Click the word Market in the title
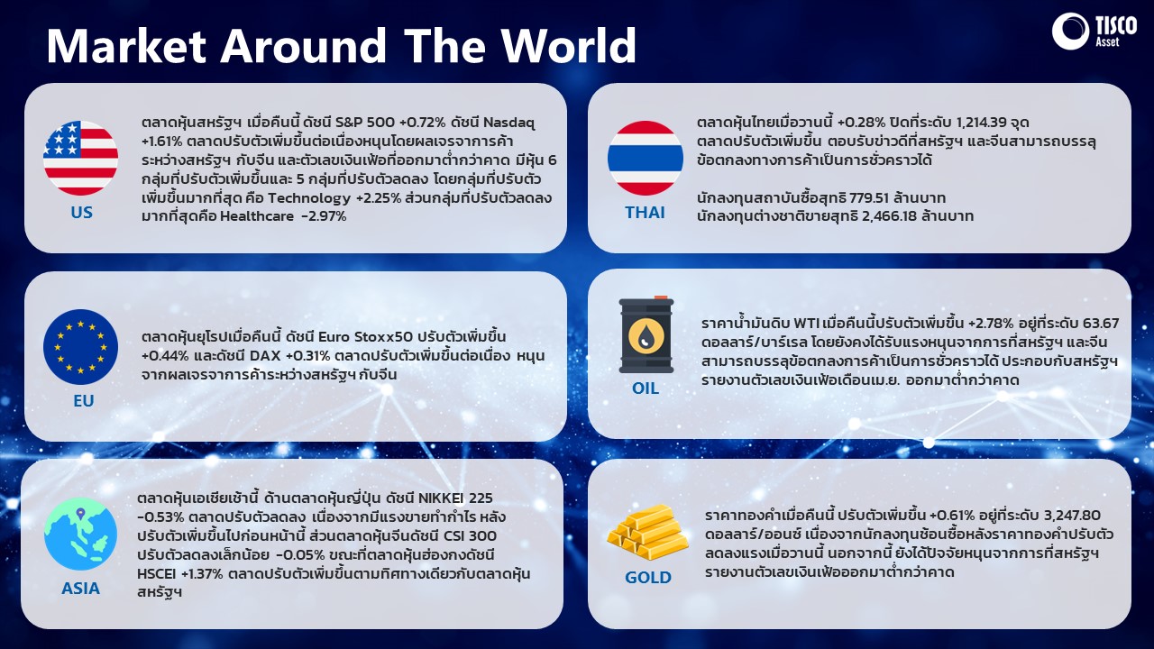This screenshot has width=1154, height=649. pos(127,46)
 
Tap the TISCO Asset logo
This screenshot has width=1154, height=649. pos(1094,31)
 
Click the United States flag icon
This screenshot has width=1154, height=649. pos(80,158)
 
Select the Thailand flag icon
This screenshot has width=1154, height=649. pos(645,158)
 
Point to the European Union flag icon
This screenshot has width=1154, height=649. pos(80,347)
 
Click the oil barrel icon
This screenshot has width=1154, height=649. pos(646,334)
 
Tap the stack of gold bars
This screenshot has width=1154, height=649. pos(647,533)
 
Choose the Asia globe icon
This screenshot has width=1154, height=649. pos(80,534)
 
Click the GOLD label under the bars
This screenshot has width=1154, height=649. pos(648,578)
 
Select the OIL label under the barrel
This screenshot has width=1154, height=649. pos(646,388)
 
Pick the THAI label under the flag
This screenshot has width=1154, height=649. pos(645,212)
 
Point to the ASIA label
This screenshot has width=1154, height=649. pos(80,589)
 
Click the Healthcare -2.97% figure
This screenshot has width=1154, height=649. pos(283,216)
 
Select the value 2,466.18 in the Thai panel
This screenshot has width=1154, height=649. pos(889,216)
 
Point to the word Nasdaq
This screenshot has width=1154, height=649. pos(508,123)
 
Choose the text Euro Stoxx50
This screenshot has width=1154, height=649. pos(365,337)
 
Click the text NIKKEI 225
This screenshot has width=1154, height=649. pos(455,498)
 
